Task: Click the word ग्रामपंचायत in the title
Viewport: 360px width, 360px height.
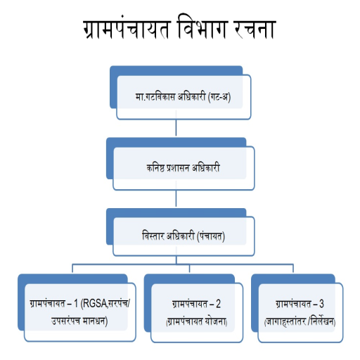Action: pos(127,29)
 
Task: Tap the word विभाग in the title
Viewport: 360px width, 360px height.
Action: pos(202,27)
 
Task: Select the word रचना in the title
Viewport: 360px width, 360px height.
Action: pos(255,30)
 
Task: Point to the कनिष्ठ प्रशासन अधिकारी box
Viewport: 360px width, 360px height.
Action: pos(180,164)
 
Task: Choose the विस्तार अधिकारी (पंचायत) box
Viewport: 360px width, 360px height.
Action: pos(180,232)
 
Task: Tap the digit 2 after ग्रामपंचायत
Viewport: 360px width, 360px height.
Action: pos(218,304)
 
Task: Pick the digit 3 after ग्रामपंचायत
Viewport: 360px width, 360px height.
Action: pos(321,304)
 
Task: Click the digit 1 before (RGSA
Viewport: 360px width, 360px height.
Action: pos(76,304)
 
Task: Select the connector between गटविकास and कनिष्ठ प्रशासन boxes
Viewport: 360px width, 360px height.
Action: pos(176,128)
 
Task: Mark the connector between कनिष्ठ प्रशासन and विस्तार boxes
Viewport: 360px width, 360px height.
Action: pos(176,198)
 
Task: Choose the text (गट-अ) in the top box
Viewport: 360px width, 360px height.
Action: pos(219,96)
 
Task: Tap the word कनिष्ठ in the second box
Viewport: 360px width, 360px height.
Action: pos(155,168)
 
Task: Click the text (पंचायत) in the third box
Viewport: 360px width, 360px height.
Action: pos(211,236)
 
